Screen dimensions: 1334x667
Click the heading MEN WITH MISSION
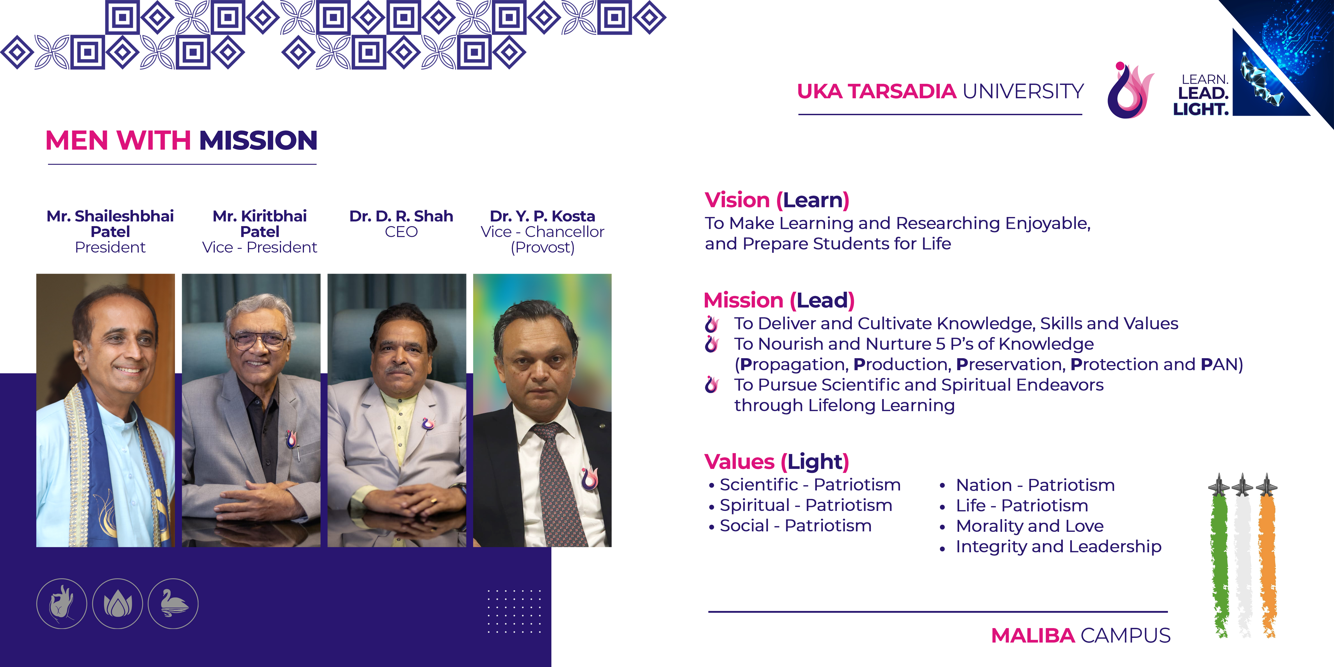coord(181,140)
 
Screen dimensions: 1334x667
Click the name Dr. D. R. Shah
coord(401,216)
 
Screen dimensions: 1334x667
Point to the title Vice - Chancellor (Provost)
coord(542,239)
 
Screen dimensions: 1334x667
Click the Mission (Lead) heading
coord(779,300)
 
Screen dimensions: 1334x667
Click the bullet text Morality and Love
coord(1029,526)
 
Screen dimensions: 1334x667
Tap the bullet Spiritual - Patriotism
coord(806,505)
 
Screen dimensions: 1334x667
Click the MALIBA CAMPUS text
coord(1081,635)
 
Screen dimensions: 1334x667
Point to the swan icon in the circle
coord(173,604)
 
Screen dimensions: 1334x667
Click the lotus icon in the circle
coord(118,604)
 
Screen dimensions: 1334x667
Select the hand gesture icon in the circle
coord(62,604)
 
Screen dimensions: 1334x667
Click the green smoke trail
coord(1219,565)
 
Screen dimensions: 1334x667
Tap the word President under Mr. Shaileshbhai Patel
coord(110,247)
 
